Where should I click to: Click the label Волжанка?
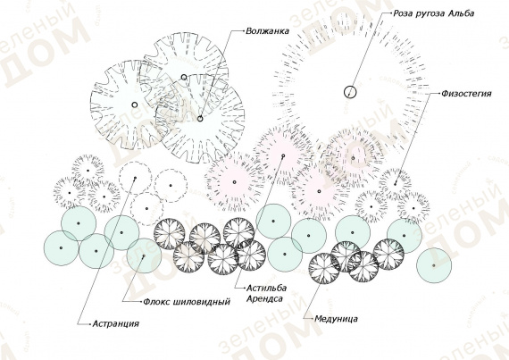pyautogui.click(x=267, y=31)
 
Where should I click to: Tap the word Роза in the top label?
pyautogui.click(x=403, y=13)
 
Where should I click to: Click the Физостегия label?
pyautogui.click(x=466, y=94)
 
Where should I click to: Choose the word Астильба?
pyautogui.click(x=266, y=288)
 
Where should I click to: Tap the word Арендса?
pyautogui.click(x=264, y=298)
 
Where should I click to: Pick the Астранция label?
pyautogui.click(x=116, y=323)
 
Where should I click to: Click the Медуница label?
pyautogui.click(x=337, y=319)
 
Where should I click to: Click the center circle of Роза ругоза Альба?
pyautogui.click(x=350, y=92)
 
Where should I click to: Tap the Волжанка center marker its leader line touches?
pyautogui.click(x=200, y=119)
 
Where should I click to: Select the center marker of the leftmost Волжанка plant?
pyautogui.click(x=134, y=105)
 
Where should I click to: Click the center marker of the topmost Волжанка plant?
pyautogui.click(x=184, y=77)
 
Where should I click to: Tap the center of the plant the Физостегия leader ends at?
pyautogui.click(x=396, y=184)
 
